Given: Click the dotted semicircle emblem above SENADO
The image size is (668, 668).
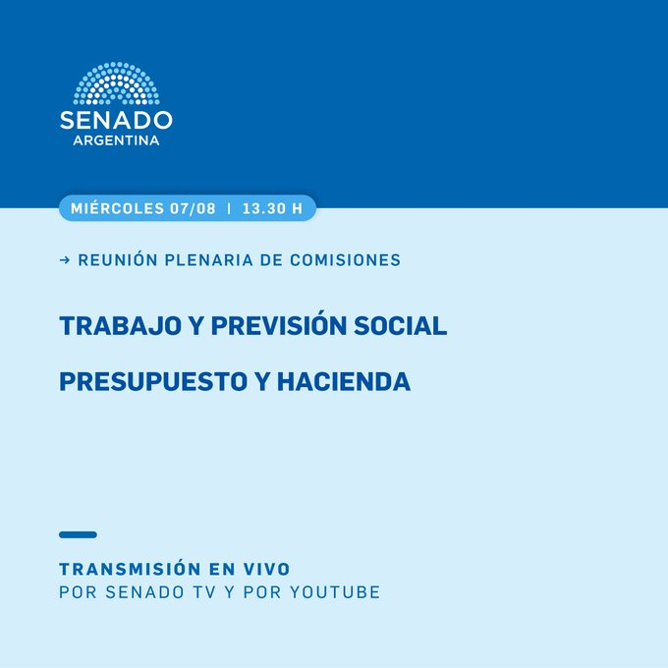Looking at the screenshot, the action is pos(116,83).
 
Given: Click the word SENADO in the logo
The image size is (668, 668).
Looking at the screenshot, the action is pos(116,120).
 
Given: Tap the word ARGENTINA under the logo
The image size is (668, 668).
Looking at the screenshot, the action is pos(116,140).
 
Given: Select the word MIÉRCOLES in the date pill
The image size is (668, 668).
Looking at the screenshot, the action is pos(117,208).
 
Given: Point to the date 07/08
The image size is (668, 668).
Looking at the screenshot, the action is pos(193,208).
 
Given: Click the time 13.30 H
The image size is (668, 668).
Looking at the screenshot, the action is pos(273,208).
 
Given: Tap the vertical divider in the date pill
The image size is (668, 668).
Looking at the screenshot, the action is pos(230,208).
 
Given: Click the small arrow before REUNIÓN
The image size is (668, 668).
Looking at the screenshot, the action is pos(65,260).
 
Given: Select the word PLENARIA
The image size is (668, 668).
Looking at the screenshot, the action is pos(208,260).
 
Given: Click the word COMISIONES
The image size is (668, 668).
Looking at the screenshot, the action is pos(346,260).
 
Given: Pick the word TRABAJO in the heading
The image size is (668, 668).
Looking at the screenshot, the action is pos(121,326).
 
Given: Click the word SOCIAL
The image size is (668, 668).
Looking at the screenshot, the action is pos(401,326).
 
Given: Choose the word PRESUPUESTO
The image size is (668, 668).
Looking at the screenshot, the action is pos(153,381).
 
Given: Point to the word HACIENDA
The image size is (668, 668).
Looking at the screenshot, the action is pos(344,381).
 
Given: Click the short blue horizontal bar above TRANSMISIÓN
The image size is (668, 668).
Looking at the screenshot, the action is pos(78,534).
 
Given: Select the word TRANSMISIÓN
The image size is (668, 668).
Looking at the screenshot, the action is pos(131,569).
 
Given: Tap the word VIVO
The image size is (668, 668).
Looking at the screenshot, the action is pos(266,569).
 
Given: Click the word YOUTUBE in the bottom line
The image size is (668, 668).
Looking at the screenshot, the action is pos(335,592).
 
